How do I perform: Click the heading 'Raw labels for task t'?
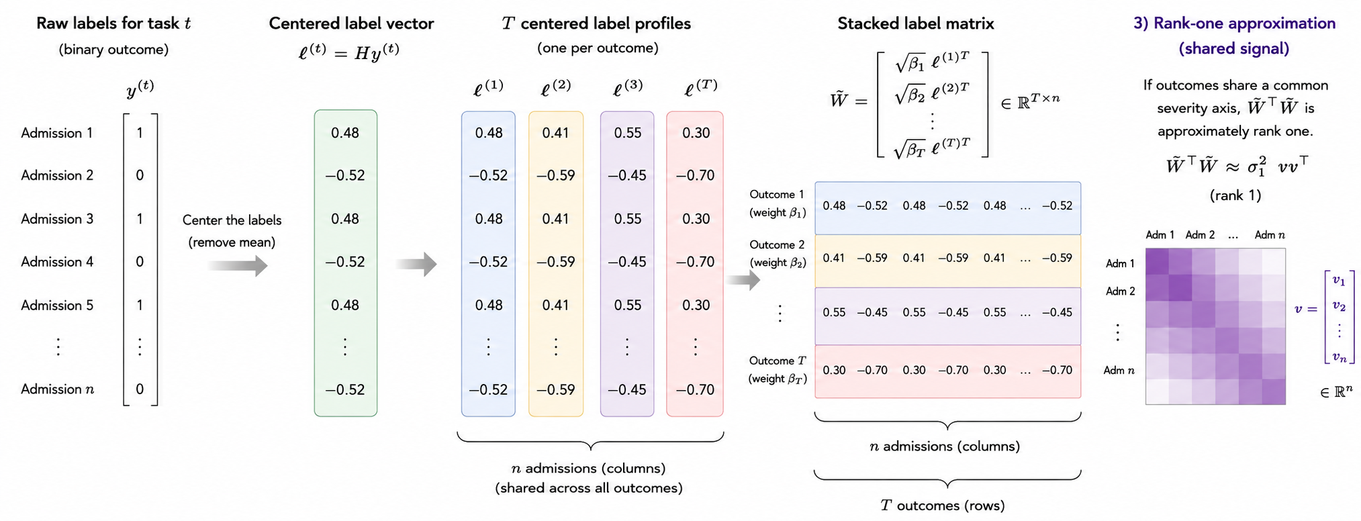[x=113, y=23]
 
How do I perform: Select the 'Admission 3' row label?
[x=57, y=219]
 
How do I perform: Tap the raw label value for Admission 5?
[x=140, y=305]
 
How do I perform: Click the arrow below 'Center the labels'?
[x=238, y=266]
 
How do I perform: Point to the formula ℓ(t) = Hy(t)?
[x=349, y=52]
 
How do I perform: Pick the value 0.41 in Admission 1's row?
[x=555, y=133]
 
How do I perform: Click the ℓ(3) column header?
[x=628, y=88]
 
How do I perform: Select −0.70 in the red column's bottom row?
[x=696, y=389]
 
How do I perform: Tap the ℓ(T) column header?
[x=701, y=88]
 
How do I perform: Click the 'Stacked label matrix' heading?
[x=916, y=23]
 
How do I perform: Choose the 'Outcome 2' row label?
[x=777, y=245]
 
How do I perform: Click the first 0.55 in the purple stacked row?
[x=834, y=312]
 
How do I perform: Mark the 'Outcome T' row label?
[x=778, y=361]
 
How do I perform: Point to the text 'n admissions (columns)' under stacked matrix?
[x=945, y=446]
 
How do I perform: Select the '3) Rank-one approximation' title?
[x=1234, y=23]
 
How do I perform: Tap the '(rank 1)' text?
[x=1235, y=195]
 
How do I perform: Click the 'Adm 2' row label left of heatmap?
[x=1121, y=291]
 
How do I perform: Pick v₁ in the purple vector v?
[x=1339, y=281]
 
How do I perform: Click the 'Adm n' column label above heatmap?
[x=1270, y=235]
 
